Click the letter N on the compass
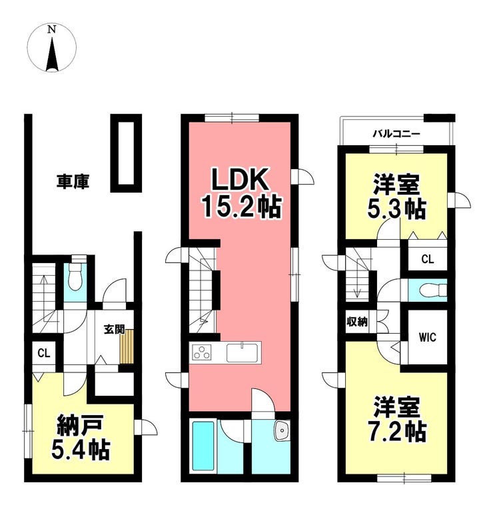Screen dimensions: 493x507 tap(51, 30)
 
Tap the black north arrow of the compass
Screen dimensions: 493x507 tap(52, 55)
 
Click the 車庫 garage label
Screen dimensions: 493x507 tap(73, 182)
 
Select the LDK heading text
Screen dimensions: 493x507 tap(240, 181)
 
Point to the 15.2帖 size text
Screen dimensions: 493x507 tap(241, 207)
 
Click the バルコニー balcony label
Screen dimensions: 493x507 tap(396, 133)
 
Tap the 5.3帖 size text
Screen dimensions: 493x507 tap(396, 209)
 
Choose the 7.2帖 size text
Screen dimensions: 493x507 tap(396, 432)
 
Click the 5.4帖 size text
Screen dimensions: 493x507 tap(81, 450)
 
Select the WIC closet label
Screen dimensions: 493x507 tap(427, 338)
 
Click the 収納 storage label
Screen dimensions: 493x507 tap(357, 322)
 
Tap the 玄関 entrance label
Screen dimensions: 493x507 tap(114, 330)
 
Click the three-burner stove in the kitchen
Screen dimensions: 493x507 tap(202, 352)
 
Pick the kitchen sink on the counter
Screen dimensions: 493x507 tap(242, 352)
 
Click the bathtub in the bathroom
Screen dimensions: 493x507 tap(203, 446)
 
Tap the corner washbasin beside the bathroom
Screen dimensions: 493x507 tap(282, 430)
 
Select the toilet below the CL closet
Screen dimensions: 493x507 tap(432, 290)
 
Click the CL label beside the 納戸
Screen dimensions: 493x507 tap(44, 353)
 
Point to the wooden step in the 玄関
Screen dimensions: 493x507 tap(127, 346)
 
